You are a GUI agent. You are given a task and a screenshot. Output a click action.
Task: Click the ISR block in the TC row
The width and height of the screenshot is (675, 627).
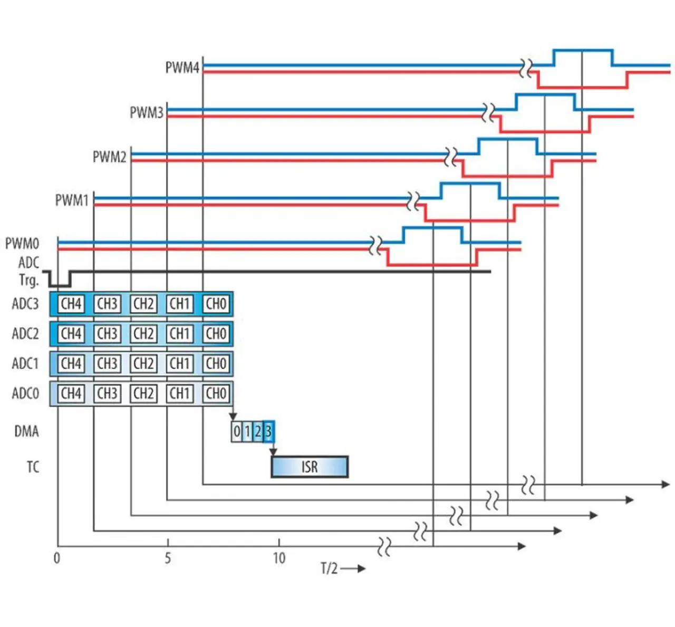pos(310,467)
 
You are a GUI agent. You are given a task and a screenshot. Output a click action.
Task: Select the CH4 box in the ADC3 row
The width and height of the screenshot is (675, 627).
pos(71,304)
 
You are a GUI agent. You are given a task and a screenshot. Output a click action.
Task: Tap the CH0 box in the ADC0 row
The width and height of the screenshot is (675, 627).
pos(216,393)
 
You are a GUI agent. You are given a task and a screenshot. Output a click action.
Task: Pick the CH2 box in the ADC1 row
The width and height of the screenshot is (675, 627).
pos(144,363)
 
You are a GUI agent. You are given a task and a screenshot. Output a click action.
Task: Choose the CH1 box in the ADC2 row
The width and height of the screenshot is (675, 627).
pos(180,334)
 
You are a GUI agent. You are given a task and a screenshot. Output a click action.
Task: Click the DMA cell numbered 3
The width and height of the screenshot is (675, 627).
pos(268,431)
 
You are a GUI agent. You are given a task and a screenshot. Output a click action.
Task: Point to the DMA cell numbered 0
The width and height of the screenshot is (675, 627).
pos(237,431)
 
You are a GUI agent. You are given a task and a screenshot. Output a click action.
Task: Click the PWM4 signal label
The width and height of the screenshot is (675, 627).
pos(182,67)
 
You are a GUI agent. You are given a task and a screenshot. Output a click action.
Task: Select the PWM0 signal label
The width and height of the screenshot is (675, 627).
pos(22,244)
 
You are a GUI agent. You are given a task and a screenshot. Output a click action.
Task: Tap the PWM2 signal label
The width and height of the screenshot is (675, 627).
pos(110,157)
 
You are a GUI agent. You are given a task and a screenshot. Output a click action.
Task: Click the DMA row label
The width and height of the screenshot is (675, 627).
pos(26,431)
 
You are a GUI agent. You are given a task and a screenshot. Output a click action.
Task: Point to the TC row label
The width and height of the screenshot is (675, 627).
pos(33,467)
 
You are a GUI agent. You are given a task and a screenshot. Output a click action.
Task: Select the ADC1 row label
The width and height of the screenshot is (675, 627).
pos(25,363)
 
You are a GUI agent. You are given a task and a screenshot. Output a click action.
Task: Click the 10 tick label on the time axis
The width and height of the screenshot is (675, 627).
pos(279,558)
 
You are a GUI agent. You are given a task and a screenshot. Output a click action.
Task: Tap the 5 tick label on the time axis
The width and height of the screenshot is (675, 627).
pos(168,558)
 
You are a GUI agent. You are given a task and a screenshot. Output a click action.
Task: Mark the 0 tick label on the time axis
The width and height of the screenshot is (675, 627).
pos(57,558)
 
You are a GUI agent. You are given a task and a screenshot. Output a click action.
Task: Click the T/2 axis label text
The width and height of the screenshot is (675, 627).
pos(330,568)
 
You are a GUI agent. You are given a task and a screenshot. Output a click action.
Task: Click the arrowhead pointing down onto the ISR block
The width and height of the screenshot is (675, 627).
pos(273,452)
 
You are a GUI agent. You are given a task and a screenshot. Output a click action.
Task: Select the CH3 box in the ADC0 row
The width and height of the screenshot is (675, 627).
pos(108,393)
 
